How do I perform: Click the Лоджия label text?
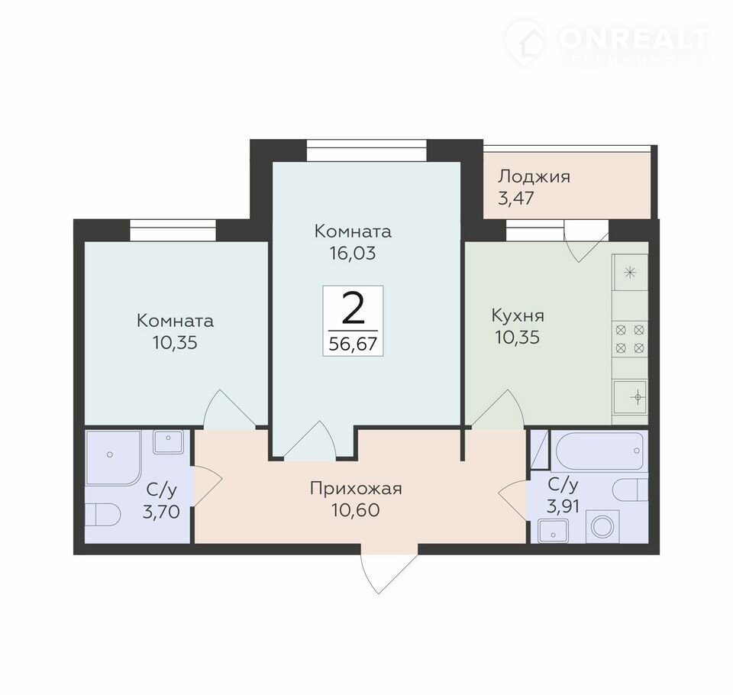[534, 177]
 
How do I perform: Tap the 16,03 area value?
[353, 253]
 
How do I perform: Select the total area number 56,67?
[353, 344]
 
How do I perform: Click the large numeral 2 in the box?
[353, 307]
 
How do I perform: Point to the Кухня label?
[518, 315]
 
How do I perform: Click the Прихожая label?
[356, 489]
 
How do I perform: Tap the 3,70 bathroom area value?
[161, 512]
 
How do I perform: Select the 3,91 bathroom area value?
[563, 506]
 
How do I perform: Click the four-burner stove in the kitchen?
[630, 339]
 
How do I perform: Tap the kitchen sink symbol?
[630, 398]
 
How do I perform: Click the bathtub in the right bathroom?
[600, 451]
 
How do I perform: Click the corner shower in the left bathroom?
[113, 458]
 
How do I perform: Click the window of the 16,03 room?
[366, 150]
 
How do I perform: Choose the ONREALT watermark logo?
[607, 43]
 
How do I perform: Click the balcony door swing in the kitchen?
[586, 241]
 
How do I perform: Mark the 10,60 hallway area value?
[356, 510]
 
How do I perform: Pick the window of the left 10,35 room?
[173, 230]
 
